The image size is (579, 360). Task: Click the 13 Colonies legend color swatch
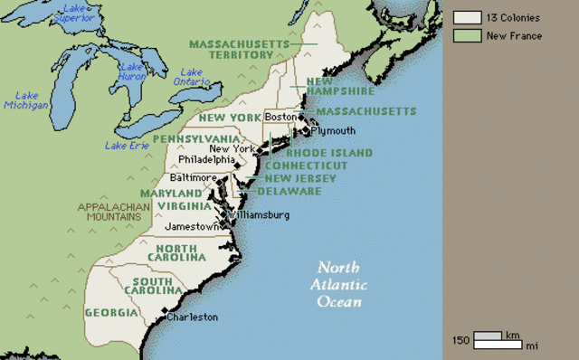coord(466,17)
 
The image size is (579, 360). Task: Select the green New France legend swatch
coord(466,36)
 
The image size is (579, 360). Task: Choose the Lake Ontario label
coord(192,78)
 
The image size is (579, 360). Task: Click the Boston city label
coord(281,117)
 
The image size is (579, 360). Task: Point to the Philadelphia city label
coord(206,160)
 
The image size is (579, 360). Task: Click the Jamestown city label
coord(192,226)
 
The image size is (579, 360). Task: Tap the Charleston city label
coord(192,317)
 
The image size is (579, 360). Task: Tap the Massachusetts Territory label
coord(239,49)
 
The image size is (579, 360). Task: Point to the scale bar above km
coord(488,336)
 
